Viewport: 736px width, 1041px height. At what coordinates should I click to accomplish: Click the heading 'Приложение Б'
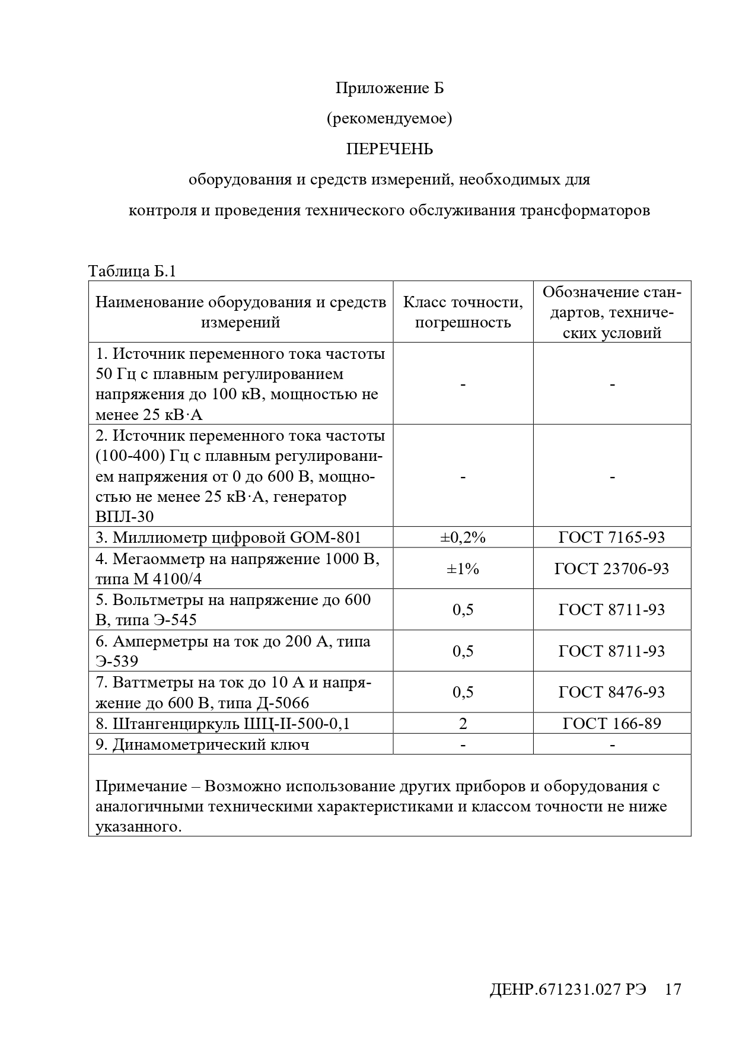click(x=389, y=88)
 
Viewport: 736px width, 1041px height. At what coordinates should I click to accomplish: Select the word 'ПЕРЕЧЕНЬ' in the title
click(x=389, y=149)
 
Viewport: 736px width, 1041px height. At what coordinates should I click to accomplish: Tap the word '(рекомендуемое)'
click(x=389, y=119)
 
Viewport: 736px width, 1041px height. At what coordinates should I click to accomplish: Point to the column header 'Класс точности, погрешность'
click(x=463, y=312)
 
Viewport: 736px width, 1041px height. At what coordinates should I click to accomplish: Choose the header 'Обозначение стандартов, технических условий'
click(x=611, y=312)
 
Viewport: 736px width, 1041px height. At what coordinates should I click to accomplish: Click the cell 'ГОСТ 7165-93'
click(x=611, y=537)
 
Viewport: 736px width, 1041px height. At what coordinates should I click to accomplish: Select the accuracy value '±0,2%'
click(x=463, y=537)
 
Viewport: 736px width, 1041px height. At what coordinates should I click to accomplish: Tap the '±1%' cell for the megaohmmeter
click(x=463, y=568)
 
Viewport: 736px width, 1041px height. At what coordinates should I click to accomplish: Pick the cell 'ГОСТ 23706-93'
click(x=611, y=568)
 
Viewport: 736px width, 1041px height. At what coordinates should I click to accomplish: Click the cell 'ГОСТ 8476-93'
click(x=611, y=692)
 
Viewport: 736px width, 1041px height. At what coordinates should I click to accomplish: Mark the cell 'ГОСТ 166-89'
click(x=611, y=723)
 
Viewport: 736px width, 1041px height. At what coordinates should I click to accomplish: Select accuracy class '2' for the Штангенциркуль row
click(x=463, y=723)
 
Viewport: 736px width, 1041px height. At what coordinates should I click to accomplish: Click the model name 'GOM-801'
click(x=326, y=537)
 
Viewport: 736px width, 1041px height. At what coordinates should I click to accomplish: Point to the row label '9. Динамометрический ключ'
click(x=202, y=744)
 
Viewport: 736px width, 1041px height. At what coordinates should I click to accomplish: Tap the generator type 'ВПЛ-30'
click(x=125, y=517)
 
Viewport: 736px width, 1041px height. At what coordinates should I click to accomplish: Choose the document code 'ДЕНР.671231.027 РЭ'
click(x=568, y=989)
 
